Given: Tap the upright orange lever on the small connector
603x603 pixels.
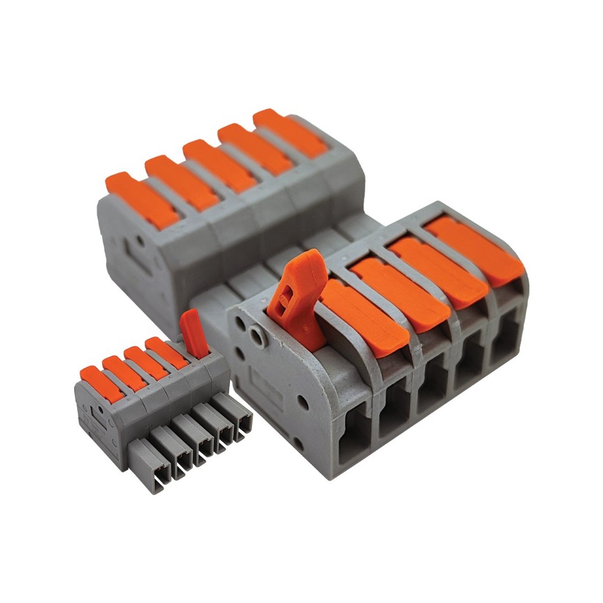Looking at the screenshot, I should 194,333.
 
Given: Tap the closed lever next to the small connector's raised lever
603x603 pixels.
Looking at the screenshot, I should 166,353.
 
